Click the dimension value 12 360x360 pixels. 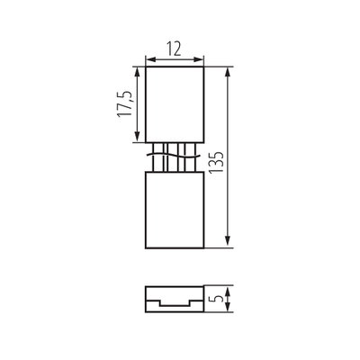click(x=174, y=49)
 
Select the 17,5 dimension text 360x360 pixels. click(x=125, y=103)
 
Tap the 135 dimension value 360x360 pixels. click(x=216, y=162)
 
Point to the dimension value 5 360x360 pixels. click(x=219, y=299)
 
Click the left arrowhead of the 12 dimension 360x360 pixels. click(x=149, y=59)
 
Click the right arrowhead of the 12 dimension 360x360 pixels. click(x=200, y=59)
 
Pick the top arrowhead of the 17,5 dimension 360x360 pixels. click(x=138, y=71)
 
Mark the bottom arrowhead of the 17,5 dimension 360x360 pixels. click(x=138, y=137)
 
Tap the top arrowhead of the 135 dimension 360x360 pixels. click(x=228, y=71)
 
